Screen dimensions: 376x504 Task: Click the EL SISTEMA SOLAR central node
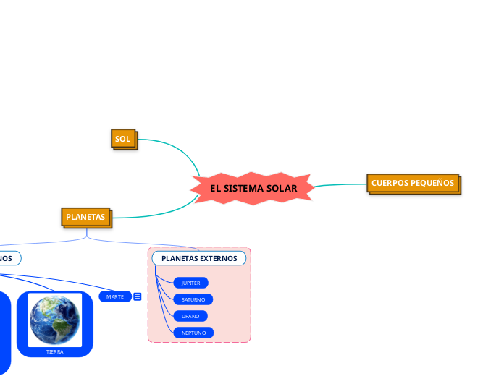(253, 188)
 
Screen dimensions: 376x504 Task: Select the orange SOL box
(124, 137)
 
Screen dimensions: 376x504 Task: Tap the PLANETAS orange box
(85, 216)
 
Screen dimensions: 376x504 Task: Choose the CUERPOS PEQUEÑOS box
(412, 183)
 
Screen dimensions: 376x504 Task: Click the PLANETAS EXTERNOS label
(198, 258)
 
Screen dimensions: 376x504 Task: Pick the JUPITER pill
(190, 283)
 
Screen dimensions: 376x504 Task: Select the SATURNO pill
(193, 299)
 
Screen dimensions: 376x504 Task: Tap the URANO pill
(190, 316)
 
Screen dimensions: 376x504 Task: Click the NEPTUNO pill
(193, 333)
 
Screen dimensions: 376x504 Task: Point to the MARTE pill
(114, 296)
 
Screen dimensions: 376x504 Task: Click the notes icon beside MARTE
(138, 296)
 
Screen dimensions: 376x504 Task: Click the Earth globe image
(55, 320)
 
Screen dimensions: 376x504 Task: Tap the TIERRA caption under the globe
(55, 351)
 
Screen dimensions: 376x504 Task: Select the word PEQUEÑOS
(432, 183)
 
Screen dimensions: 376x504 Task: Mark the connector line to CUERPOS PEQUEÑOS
(340, 185)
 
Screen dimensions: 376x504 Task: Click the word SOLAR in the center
(282, 188)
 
